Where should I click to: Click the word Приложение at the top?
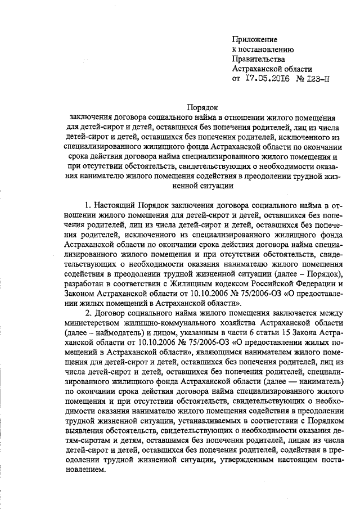[x=255, y=39]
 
